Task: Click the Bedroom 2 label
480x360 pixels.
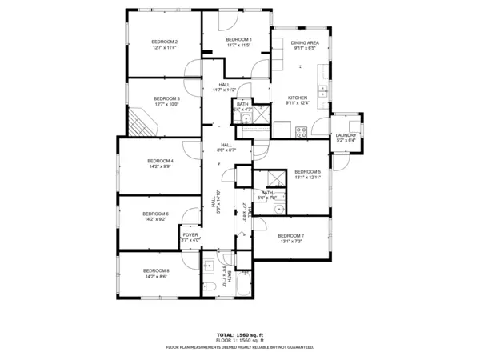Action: click(165, 42)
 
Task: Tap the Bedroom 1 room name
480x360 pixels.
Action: click(238, 40)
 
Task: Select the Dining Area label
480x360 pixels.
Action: click(305, 42)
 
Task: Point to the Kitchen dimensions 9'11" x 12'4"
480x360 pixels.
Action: click(298, 102)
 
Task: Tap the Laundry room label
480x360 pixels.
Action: click(346, 136)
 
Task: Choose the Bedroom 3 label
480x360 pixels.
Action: click(167, 98)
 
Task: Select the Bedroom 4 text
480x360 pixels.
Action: click(161, 161)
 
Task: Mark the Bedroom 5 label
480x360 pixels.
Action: click(307, 172)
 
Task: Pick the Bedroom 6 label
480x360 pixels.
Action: click(156, 214)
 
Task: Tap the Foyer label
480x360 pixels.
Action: click(190, 235)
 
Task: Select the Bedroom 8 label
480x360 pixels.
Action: click(157, 271)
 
